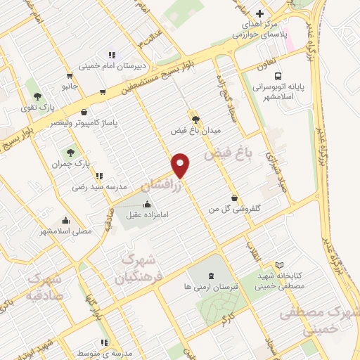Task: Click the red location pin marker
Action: tap(181, 165)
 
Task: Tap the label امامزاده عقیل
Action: tap(146, 216)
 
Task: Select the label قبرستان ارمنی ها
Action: tap(212, 287)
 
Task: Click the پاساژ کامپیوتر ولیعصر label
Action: tap(84, 123)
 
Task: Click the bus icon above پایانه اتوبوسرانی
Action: tap(279, 76)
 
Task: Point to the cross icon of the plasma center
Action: tap(259, 13)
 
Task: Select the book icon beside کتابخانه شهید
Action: tap(280, 266)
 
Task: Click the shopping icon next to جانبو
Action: tap(70, 76)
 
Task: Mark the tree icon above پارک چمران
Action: tap(70, 152)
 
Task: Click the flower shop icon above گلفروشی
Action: tap(234, 198)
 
